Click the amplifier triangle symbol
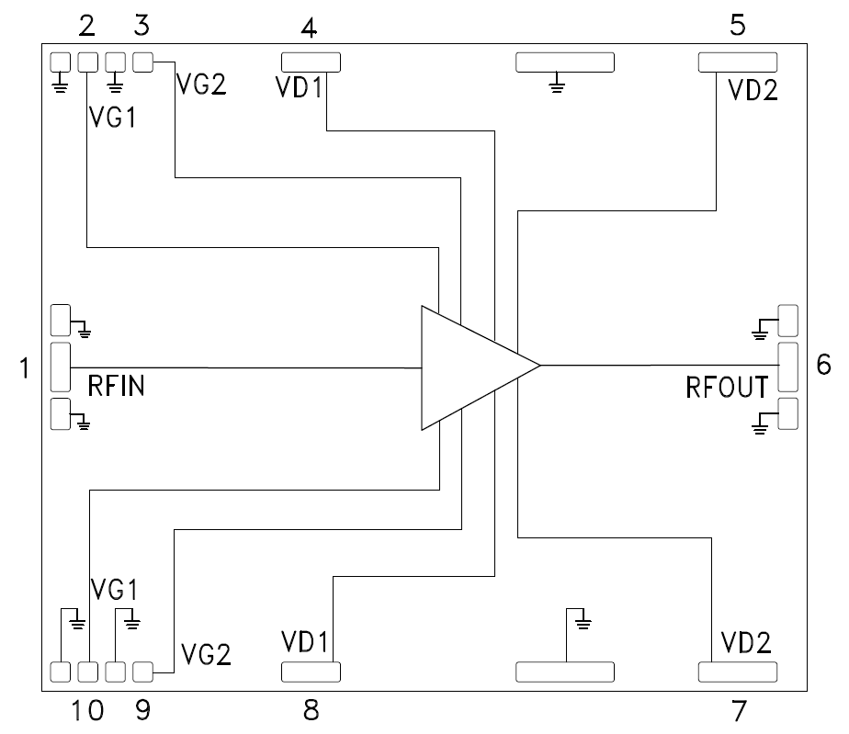pyautogui.click(x=469, y=367)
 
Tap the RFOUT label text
pyautogui.click(x=727, y=387)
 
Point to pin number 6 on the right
pyautogui.click(x=823, y=366)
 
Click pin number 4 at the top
pyautogui.click(x=310, y=27)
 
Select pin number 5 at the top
pyautogui.click(x=737, y=25)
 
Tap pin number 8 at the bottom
pyautogui.click(x=311, y=709)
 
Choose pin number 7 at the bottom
pyautogui.click(x=738, y=709)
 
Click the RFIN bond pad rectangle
pyautogui.click(x=61, y=367)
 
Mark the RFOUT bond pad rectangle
pyautogui.click(x=787, y=366)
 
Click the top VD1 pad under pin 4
pyautogui.click(x=311, y=62)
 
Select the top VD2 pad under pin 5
pyautogui.click(x=737, y=62)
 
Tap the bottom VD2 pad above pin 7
pyautogui.click(x=737, y=672)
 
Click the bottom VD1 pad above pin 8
pyautogui.click(x=311, y=672)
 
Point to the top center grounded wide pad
pyautogui.click(x=564, y=62)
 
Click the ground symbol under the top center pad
pyautogui.click(x=555, y=87)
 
